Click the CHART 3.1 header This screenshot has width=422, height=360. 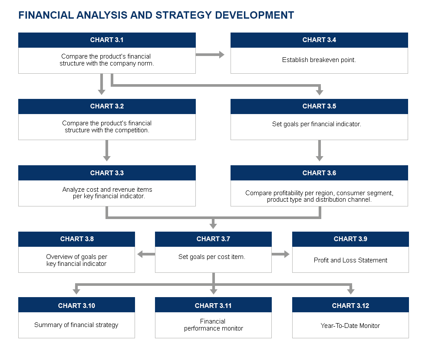(107, 40)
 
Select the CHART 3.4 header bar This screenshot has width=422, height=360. (319, 40)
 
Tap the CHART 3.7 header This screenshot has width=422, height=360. (213, 239)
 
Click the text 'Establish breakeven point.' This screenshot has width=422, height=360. (319, 60)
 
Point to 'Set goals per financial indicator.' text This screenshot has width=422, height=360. (316, 124)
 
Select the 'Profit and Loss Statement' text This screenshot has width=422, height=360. (350, 260)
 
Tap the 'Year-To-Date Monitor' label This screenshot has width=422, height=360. (350, 326)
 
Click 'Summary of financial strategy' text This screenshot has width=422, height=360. (76, 325)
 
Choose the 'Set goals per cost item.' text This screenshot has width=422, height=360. (212, 257)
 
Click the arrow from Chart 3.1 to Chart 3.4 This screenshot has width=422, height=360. (210, 55)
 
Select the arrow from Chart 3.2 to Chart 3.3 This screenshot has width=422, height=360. (107, 151)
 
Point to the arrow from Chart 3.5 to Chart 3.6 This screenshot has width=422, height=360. (320, 151)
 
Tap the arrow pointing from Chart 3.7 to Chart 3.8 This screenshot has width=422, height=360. (146, 254)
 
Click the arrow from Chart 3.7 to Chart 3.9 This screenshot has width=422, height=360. (280, 254)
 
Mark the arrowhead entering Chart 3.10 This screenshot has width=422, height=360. (76, 291)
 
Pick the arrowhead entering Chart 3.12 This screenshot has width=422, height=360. (351, 291)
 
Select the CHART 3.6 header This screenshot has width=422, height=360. (319, 173)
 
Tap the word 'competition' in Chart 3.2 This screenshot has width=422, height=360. (133, 130)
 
